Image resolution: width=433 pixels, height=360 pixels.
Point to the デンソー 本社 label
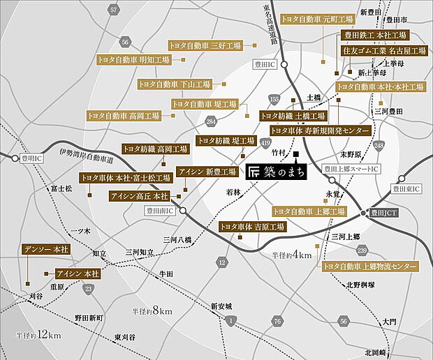pos(47,249)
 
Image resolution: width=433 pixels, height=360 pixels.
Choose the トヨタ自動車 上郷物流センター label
pos(369,267)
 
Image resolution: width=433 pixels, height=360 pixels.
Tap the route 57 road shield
pos(114,9)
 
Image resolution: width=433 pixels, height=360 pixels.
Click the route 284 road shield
pos(211,123)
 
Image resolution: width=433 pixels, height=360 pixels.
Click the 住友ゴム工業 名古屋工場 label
pos(384,51)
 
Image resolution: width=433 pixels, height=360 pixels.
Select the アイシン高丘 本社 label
pos(140,197)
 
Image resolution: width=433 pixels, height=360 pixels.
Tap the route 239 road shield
pos(362,250)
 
